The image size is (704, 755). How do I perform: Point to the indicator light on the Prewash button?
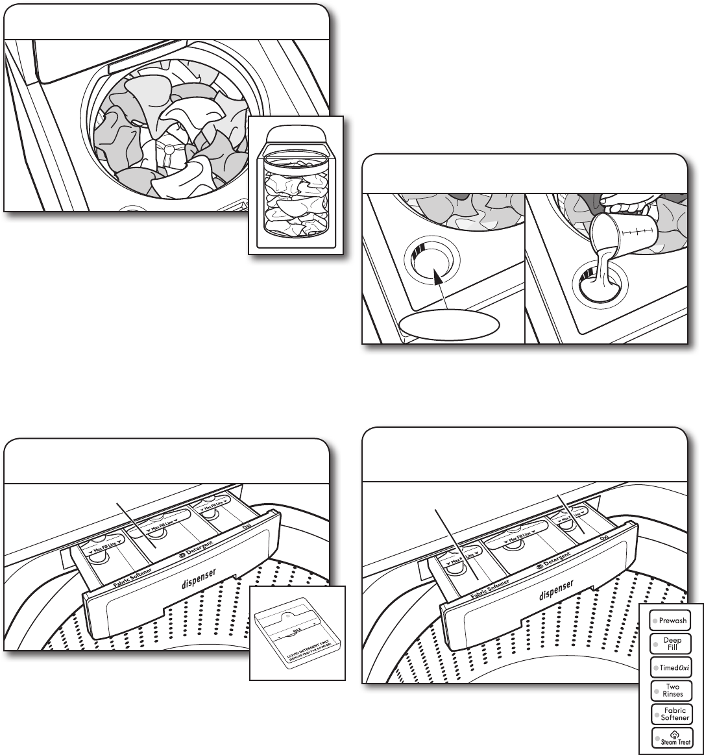[656, 621]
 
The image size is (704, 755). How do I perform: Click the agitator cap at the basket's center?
[167, 150]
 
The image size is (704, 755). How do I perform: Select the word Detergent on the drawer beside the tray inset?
[203, 552]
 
